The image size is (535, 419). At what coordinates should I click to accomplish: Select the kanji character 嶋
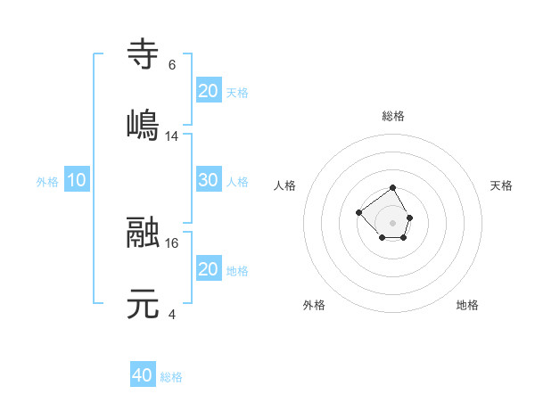tap(144, 124)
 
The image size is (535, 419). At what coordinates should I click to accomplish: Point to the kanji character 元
tap(144, 304)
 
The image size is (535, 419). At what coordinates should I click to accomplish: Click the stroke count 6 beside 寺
tap(171, 65)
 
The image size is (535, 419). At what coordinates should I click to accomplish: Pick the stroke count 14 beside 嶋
tap(172, 136)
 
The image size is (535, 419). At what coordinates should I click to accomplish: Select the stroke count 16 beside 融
tap(172, 242)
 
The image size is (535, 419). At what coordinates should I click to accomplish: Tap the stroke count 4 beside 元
tap(171, 314)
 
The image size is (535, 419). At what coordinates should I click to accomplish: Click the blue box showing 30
tap(208, 180)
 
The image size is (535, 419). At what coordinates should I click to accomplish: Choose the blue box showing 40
tap(143, 376)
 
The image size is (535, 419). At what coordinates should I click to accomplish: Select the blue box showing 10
tap(77, 180)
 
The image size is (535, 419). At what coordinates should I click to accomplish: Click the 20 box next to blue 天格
tap(208, 90)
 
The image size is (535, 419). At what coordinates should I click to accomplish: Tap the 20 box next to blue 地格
tap(208, 269)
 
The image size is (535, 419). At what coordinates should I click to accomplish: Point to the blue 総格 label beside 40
tap(172, 377)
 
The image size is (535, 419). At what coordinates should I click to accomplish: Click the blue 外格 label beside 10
tap(47, 181)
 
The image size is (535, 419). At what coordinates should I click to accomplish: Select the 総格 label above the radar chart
tap(393, 116)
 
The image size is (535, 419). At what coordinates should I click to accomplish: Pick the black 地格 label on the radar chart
tap(467, 305)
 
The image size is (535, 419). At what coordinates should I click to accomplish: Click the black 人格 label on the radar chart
tap(285, 185)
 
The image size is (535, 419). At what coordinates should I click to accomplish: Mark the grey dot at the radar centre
tap(393, 222)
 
